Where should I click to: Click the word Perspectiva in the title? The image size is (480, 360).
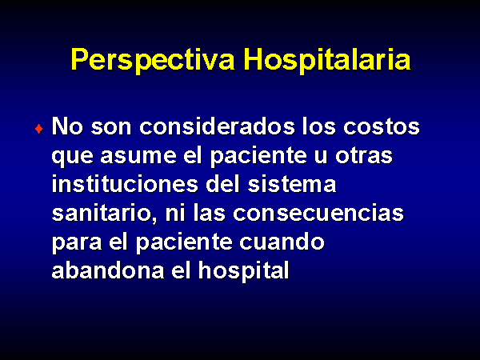point(153,60)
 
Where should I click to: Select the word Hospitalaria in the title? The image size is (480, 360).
point(327,60)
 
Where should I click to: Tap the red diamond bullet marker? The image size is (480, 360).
point(39,129)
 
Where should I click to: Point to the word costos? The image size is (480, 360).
point(382,126)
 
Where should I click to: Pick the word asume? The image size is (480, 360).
point(138,156)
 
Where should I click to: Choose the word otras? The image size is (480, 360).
point(364,155)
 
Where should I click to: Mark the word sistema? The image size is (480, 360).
point(292,184)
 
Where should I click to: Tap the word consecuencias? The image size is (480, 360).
point(318,214)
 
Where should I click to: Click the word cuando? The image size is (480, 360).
point(282,242)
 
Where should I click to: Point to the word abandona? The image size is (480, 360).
point(108,270)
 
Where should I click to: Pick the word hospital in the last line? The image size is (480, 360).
point(244,270)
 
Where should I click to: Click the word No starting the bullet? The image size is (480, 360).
point(67,126)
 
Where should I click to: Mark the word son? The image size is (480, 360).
point(111,127)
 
